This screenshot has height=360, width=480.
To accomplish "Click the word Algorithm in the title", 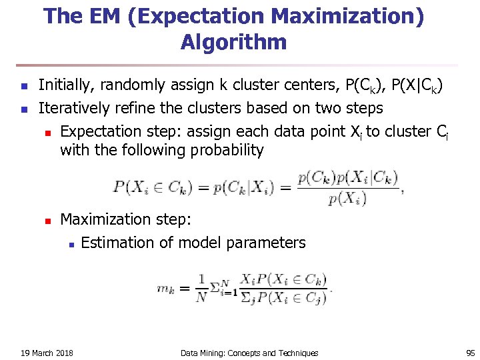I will click(x=233, y=43).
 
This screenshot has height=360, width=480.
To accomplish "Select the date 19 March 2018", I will click(x=47, y=353).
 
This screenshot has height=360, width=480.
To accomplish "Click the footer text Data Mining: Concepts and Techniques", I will click(x=249, y=353).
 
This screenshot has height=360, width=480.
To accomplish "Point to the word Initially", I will click(x=65, y=85).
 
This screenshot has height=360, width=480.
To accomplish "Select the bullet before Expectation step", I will click(x=47, y=132).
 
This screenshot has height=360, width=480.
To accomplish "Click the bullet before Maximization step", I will click(x=47, y=220).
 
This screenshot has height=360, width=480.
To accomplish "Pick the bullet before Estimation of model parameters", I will click(x=71, y=243).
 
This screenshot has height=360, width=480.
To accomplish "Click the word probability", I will click(x=229, y=150).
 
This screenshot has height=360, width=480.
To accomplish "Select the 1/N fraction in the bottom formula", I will click(x=201, y=289).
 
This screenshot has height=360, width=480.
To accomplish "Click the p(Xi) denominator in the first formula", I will click(x=347, y=198).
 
